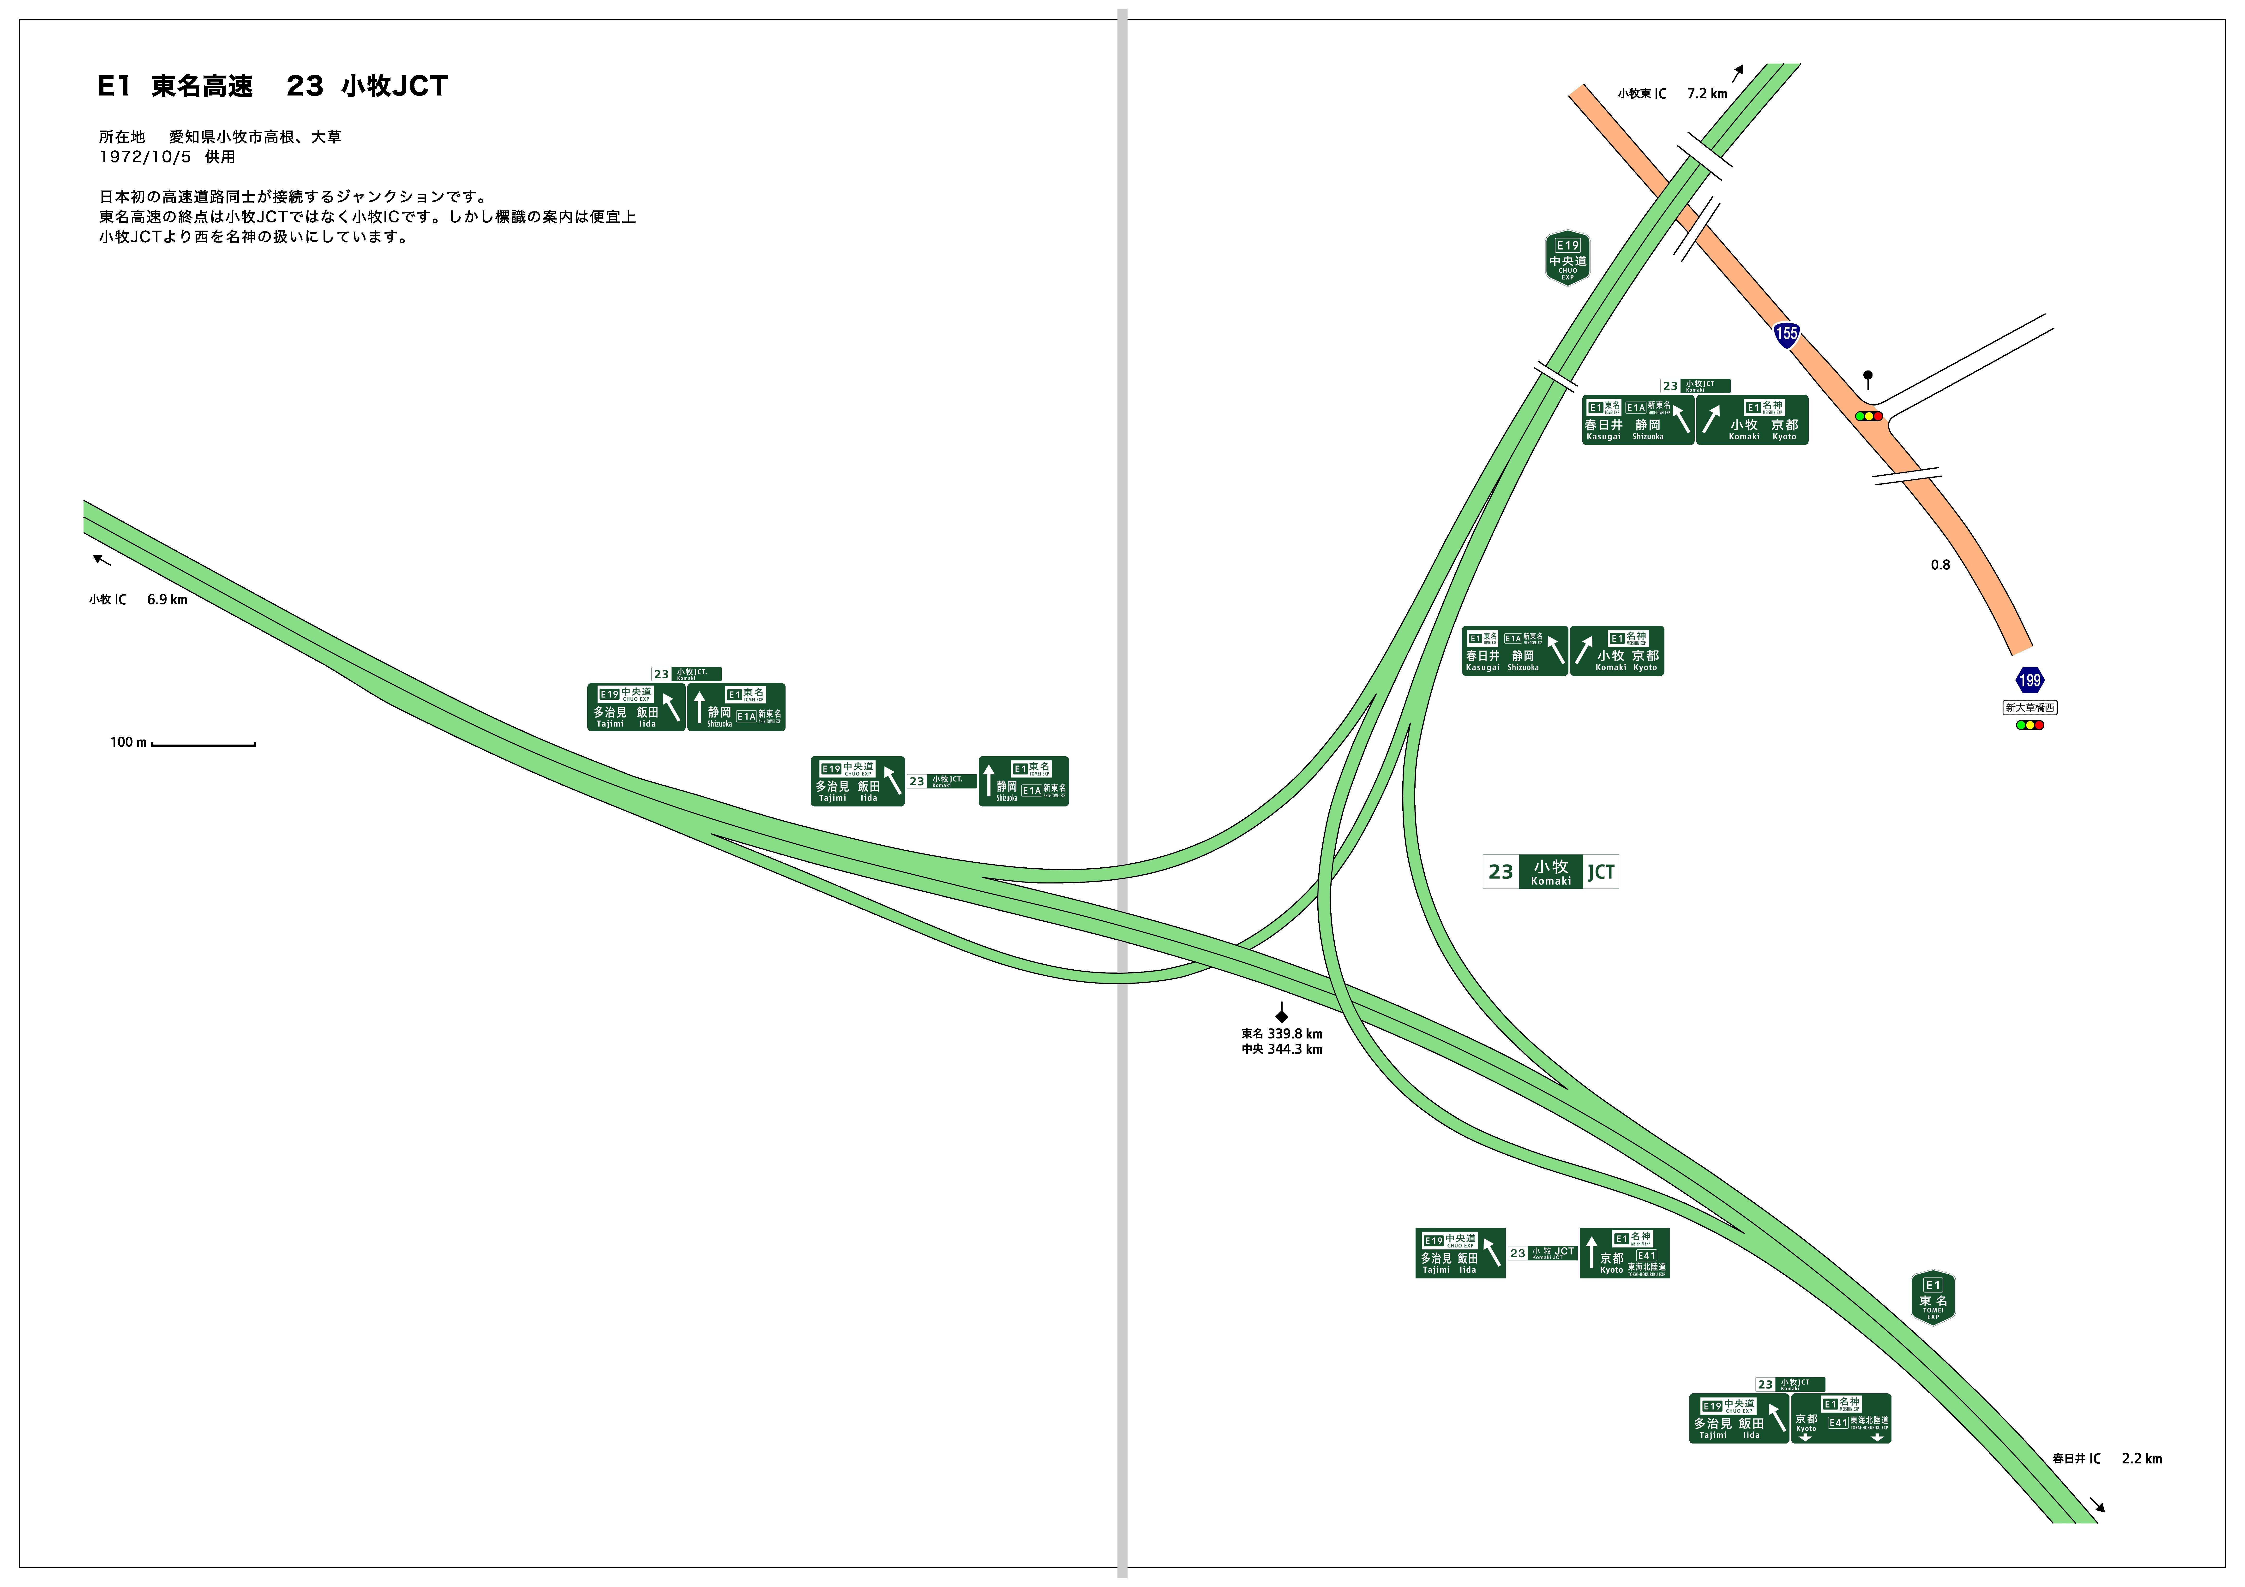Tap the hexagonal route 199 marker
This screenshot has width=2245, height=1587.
coord(2029,680)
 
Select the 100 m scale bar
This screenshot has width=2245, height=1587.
coord(203,744)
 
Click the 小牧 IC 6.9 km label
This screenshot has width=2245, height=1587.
coord(138,599)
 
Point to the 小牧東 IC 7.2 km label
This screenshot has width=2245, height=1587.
coord(1672,94)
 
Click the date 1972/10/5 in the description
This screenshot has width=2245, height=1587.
coord(145,156)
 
